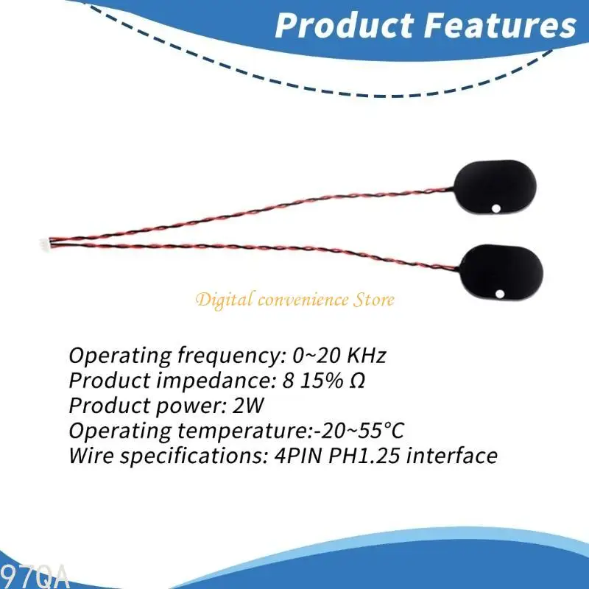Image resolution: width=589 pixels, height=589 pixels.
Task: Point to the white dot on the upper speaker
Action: (498, 208)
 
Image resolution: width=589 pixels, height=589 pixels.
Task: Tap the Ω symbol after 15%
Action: (359, 381)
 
